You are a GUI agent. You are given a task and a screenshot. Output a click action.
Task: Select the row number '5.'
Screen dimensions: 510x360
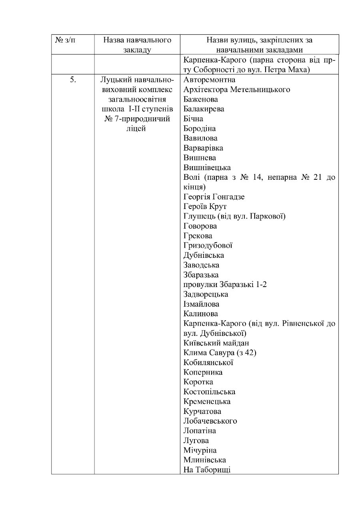73,79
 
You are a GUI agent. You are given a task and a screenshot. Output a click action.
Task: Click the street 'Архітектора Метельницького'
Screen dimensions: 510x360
237,89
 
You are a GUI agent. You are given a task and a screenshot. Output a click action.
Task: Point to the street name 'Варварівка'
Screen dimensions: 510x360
203,148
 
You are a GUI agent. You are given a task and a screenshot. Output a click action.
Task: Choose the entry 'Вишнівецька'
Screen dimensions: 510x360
207,167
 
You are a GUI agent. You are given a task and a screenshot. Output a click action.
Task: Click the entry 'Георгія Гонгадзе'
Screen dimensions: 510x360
214,197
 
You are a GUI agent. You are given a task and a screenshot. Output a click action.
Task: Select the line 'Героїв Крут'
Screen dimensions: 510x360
205,206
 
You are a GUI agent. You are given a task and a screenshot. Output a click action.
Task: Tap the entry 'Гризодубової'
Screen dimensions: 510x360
208,245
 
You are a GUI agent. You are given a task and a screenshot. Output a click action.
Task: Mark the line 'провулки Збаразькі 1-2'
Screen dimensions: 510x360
222,284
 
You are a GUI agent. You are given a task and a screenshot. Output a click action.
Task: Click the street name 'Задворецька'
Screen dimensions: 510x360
206,294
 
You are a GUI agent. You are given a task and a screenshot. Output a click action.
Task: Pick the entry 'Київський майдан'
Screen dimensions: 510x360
216,343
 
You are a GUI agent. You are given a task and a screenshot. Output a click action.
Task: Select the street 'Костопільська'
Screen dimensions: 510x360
209,392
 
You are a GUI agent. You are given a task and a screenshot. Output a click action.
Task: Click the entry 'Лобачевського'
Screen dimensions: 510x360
210,421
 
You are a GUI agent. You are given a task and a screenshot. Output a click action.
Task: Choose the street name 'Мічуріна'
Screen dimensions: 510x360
200,450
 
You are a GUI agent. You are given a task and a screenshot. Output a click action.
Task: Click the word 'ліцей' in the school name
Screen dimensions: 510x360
136,128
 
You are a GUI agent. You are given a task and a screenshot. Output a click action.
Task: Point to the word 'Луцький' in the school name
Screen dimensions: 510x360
114,80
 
